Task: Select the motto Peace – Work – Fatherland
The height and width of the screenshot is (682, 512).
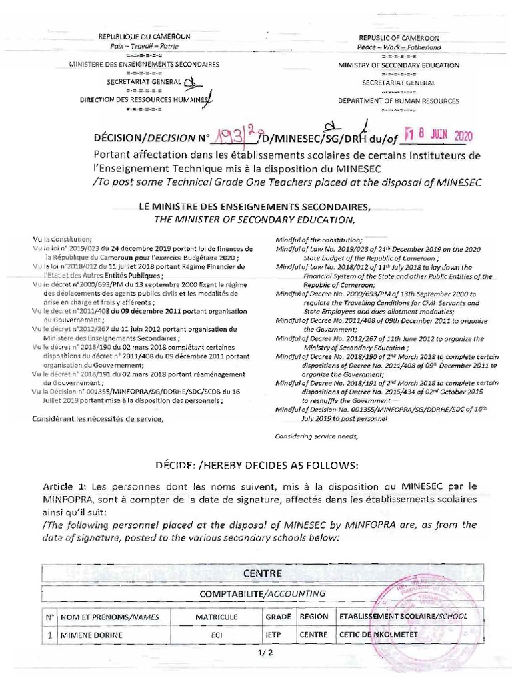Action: (x=400, y=47)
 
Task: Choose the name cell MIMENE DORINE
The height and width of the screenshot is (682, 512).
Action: (x=92, y=635)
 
